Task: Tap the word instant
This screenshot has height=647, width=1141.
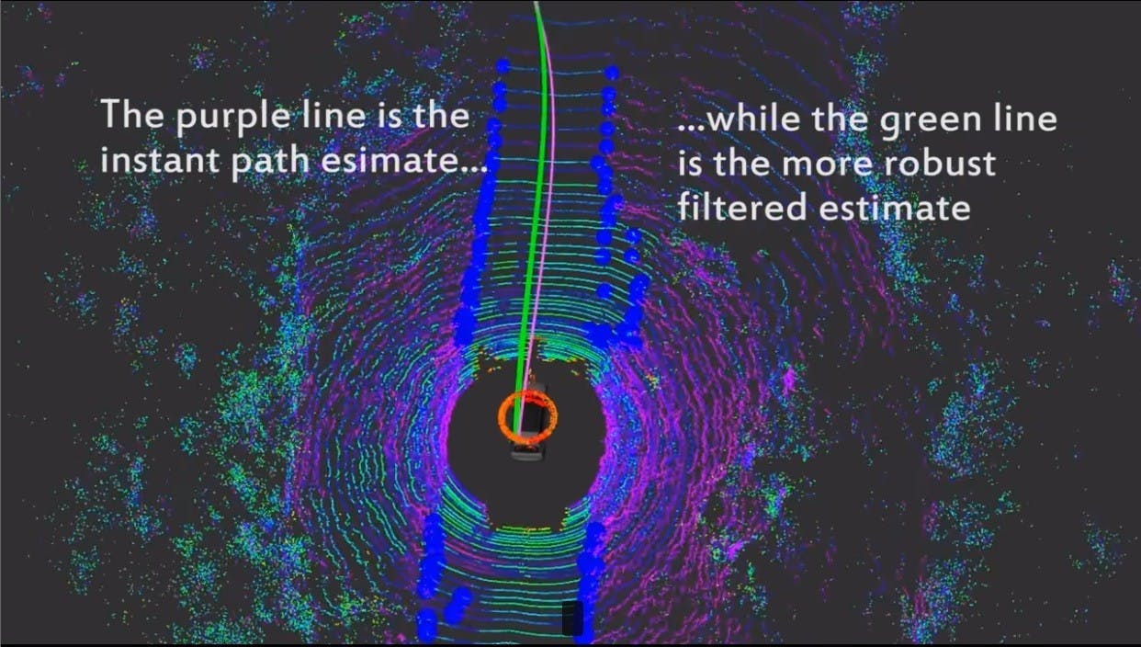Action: point(159,160)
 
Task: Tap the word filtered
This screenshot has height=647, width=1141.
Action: point(742,207)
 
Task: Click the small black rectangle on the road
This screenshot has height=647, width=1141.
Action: point(572,618)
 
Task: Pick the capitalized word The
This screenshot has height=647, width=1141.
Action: point(132,114)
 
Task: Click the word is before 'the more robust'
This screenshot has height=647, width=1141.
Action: point(689,163)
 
